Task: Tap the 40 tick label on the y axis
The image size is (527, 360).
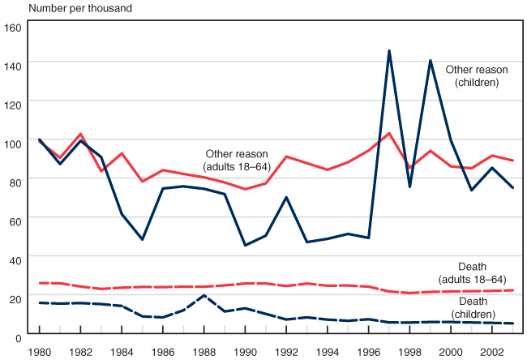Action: [x=14, y=258]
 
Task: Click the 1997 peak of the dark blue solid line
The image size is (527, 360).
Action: [x=389, y=51]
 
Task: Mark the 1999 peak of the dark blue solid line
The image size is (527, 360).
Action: [x=431, y=61]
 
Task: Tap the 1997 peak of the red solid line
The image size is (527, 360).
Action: [x=389, y=133]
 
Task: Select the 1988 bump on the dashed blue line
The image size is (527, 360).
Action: [x=204, y=295]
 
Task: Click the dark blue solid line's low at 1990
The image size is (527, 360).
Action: [x=245, y=245]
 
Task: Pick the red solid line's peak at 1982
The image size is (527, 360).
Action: [x=80, y=134]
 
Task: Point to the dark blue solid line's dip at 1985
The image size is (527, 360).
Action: [x=142, y=239]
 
